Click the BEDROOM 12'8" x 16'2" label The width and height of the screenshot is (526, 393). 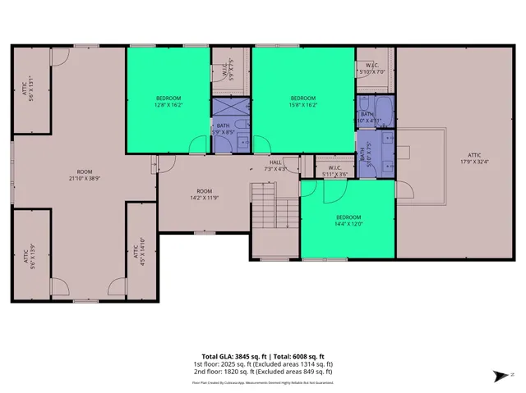pos(168,101)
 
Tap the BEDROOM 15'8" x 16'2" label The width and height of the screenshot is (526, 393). pos(302,101)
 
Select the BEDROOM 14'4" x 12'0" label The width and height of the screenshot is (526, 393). pos(348,220)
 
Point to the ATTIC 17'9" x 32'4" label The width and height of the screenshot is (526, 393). pos(475,158)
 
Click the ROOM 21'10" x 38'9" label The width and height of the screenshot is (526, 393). pos(85,174)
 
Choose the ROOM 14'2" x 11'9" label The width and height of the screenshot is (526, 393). pos(204,194)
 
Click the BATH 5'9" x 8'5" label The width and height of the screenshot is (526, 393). pos(224,128)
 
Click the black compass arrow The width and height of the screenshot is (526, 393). pos(500,377)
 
